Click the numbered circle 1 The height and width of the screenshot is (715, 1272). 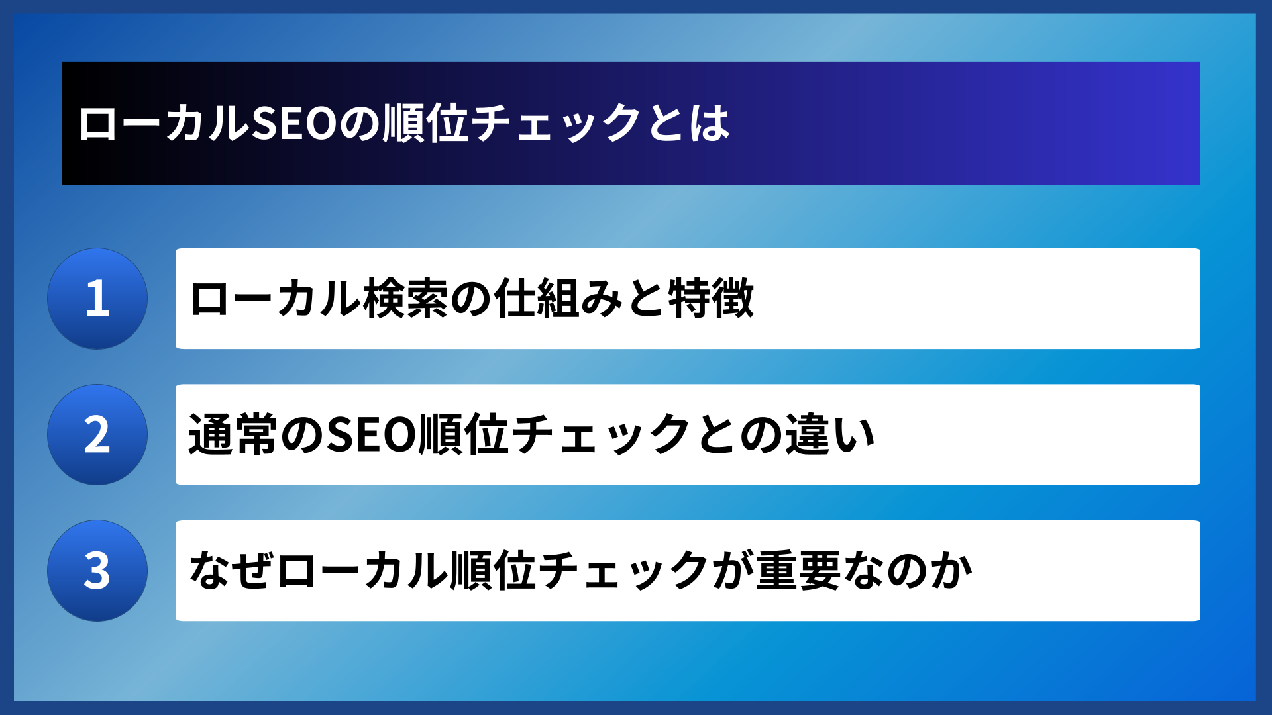tap(97, 299)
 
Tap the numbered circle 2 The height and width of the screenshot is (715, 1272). tap(97, 435)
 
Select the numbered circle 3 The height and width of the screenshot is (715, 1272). tap(97, 571)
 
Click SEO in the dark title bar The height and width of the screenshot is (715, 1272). tap(295, 124)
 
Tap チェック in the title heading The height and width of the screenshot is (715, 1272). tap(556, 124)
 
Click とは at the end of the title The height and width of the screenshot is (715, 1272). tap(689, 124)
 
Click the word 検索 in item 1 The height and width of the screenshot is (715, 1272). tap(406, 299)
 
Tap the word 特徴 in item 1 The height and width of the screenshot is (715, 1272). tap(711, 299)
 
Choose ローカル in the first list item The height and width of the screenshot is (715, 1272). tap(275, 299)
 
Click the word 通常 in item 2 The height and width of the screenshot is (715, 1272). tap(232, 435)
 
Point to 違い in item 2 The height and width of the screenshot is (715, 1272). tap(831, 435)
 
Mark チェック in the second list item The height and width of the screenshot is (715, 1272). tap(602, 435)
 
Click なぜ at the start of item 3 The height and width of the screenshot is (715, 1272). tap(232, 571)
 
